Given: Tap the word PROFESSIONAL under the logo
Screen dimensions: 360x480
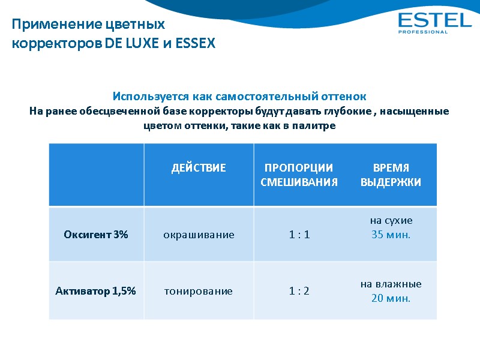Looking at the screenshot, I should point(423,32).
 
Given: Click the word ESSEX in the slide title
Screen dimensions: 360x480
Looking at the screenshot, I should point(195,44).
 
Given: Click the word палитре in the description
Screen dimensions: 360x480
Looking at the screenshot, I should point(317,126).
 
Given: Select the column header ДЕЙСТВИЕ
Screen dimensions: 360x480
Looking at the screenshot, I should point(199,168).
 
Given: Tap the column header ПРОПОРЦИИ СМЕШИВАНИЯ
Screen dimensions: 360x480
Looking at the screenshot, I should point(299,175).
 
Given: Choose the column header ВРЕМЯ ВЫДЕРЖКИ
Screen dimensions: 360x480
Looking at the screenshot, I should point(391,175).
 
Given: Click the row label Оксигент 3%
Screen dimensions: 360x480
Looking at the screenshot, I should point(96,235).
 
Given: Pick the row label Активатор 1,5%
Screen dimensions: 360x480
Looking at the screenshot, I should point(96,291).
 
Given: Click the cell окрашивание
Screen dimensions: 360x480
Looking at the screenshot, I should point(199,235).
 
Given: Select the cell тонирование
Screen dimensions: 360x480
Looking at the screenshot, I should point(199,291).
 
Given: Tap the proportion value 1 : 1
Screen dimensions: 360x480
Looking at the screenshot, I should point(299,235).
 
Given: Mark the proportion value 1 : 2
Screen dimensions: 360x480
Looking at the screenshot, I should point(299,291).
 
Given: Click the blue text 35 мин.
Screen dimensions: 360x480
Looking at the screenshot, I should point(391,235).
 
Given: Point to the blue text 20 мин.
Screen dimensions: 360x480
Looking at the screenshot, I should point(391,298).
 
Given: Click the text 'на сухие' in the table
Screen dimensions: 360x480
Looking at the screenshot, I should point(391,220).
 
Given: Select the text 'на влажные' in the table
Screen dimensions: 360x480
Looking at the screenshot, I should point(391,284).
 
